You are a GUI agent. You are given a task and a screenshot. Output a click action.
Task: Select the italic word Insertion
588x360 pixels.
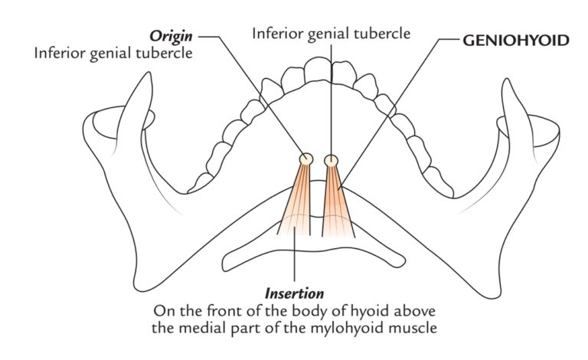pyautogui.click(x=294, y=293)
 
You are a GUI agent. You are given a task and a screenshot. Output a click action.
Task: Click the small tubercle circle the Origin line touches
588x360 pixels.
pyautogui.click(x=305, y=159)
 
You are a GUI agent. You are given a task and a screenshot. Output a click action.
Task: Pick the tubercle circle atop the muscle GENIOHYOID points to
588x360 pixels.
pyautogui.click(x=331, y=160)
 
